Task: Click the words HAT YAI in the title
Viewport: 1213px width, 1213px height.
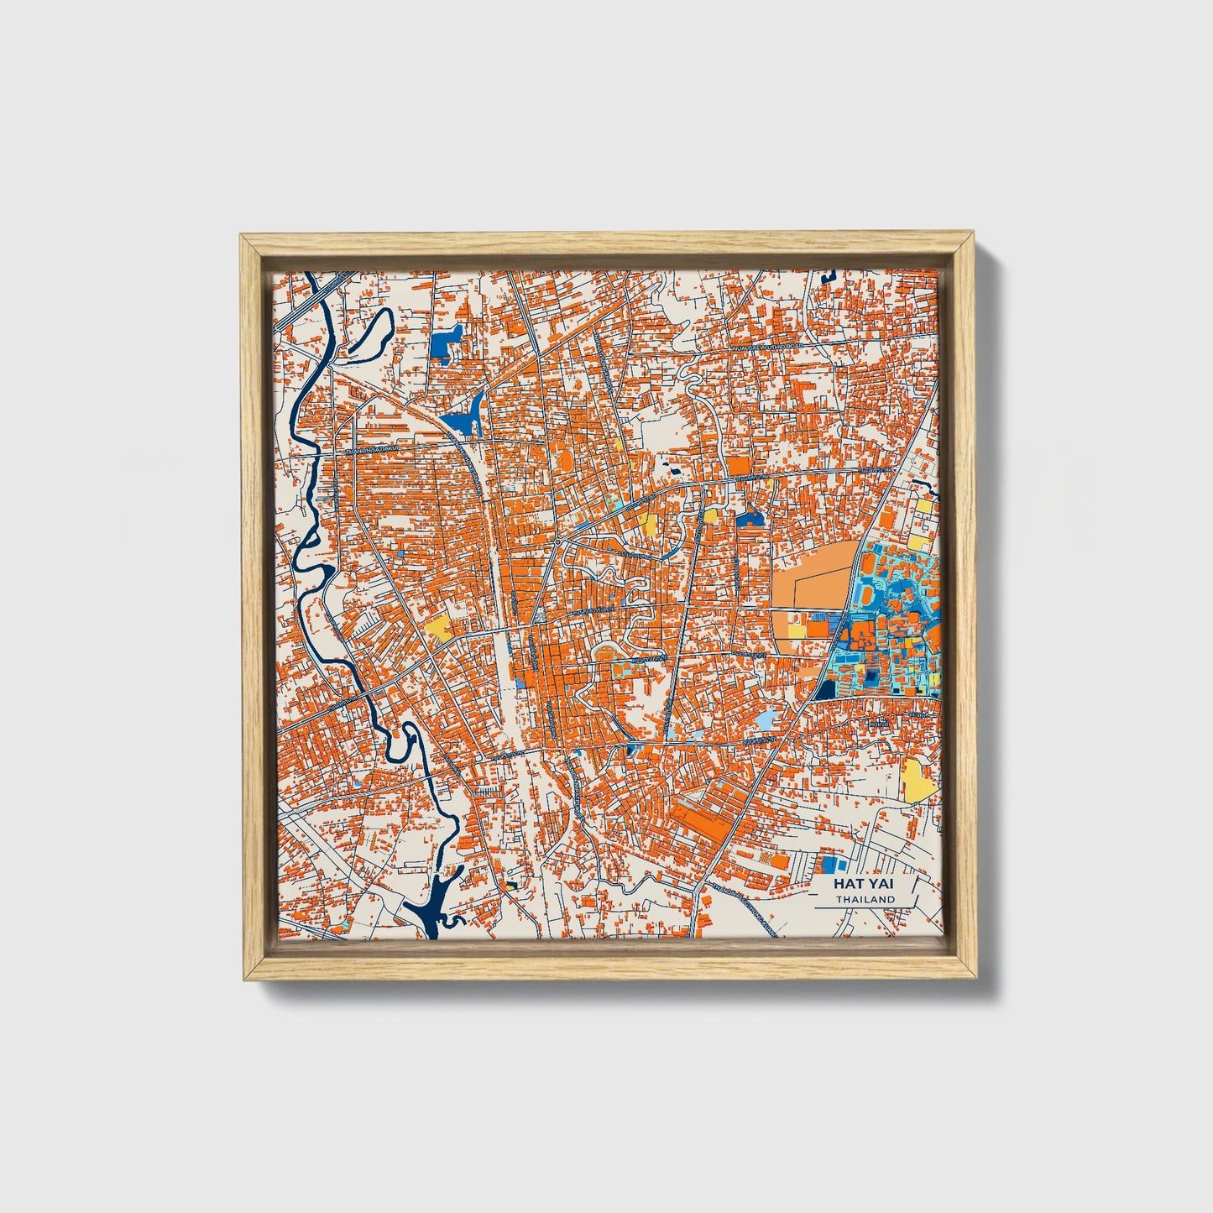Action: pyautogui.click(x=864, y=884)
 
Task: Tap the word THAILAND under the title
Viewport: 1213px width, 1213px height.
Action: pyautogui.click(x=865, y=899)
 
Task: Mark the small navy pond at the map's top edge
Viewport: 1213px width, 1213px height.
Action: pyautogui.click(x=830, y=274)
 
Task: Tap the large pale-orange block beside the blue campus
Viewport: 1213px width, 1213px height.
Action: pyautogui.click(x=810, y=579)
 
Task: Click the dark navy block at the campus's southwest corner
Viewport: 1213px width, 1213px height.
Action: pyautogui.click(x=826, y=689)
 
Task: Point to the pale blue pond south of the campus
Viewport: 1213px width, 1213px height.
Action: pyautogui.click(x=767, y=719)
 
